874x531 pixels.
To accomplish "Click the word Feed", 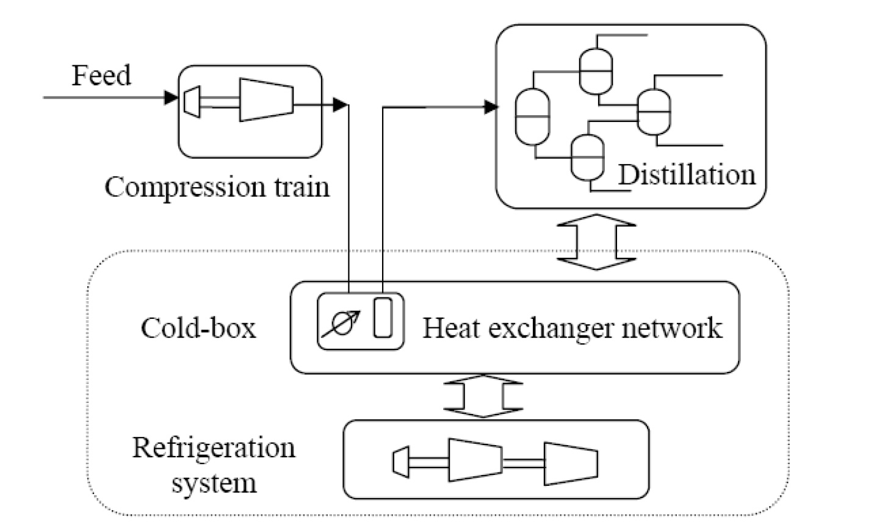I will [101, 76].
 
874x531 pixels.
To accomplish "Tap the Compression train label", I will [217, 187].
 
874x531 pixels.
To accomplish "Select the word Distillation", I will [687, 175].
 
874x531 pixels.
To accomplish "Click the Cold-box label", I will [198, 328].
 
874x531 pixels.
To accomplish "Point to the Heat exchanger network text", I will [572, 328].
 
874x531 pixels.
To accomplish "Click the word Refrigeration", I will [214, 448].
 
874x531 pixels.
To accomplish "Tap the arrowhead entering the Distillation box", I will [491, 107].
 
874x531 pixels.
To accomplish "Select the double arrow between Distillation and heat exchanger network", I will [596, 241].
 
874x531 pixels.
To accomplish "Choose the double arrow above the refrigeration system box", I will [483, 396].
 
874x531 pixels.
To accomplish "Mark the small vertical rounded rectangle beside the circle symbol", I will [383, 317].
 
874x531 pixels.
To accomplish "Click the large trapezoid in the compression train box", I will [266, 99].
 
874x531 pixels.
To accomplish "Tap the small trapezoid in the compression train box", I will [192, 100].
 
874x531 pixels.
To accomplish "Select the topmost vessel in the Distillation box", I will [595, 71].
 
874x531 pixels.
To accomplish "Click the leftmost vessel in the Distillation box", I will [532, 116].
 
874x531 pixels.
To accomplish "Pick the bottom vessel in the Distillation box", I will [587, 157].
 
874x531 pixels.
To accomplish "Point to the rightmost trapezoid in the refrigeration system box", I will [571, 463].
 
